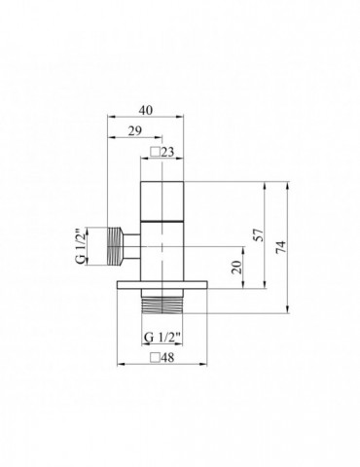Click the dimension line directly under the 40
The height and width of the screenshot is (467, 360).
click(144, 119)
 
